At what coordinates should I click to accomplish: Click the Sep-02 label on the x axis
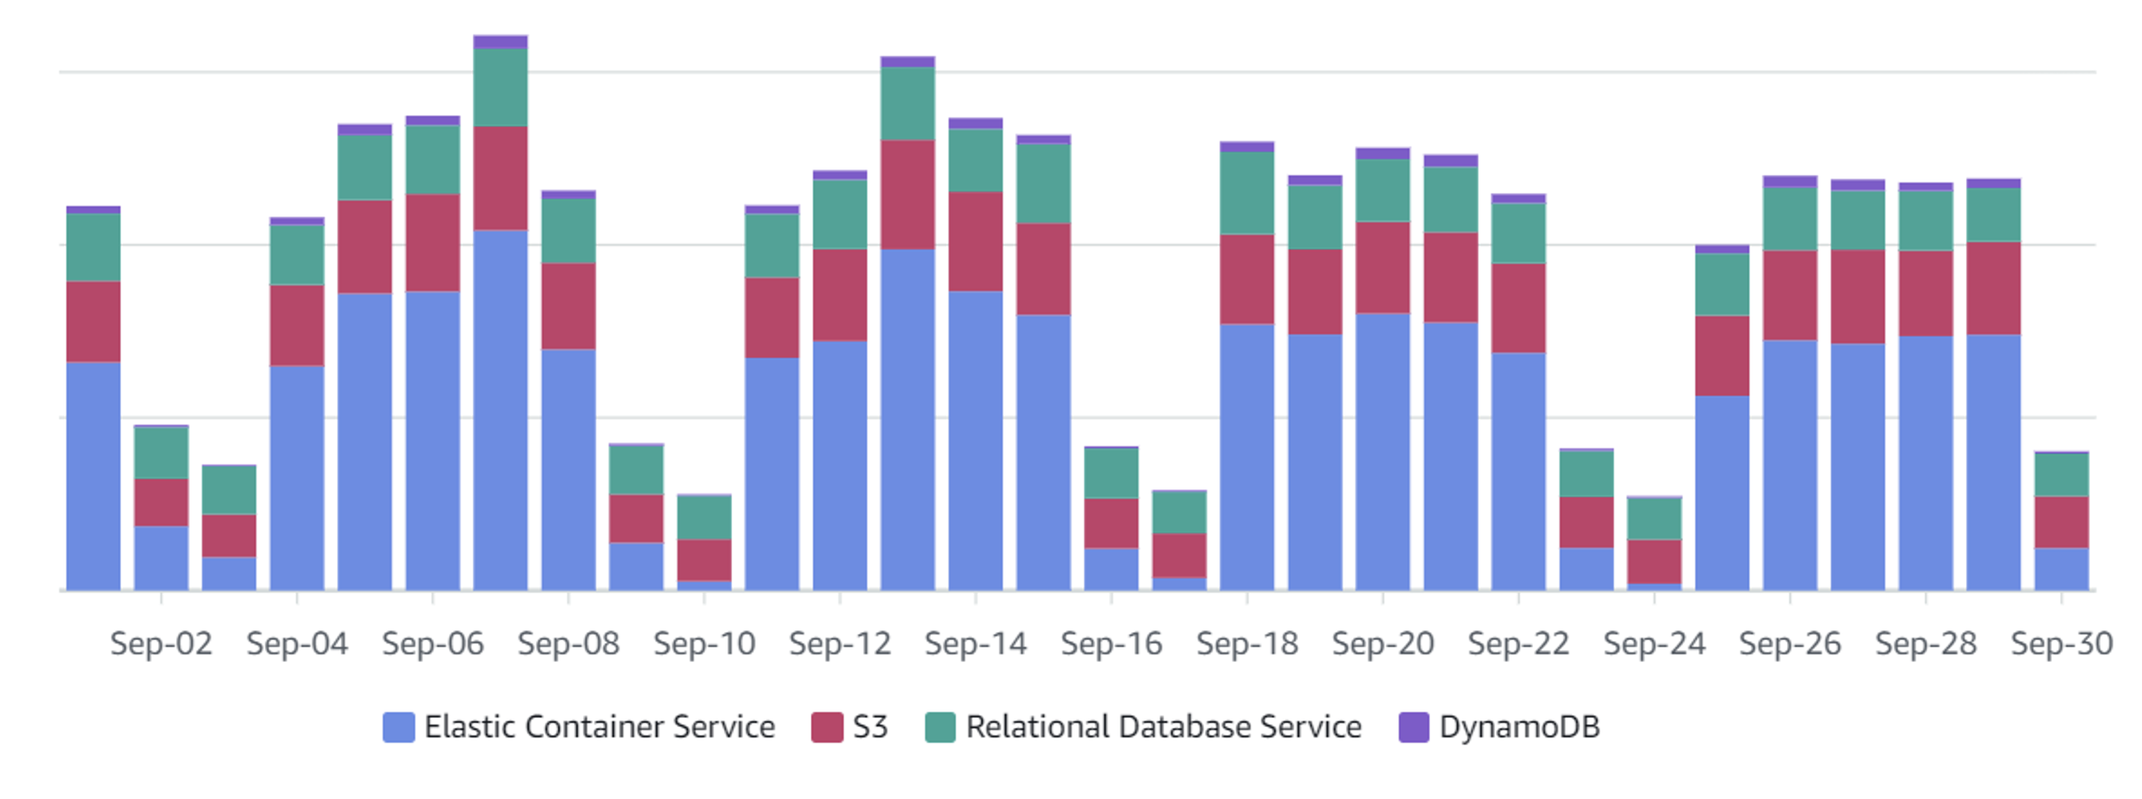[161, 643]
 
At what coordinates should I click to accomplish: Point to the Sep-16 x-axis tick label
[1111, 643]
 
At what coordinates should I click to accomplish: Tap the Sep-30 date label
[2062, 643]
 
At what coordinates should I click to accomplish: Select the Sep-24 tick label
[1654, 643]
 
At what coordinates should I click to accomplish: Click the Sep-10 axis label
[705, 643]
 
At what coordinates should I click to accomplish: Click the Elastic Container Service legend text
[599, 727]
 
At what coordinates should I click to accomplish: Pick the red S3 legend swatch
[826, 728]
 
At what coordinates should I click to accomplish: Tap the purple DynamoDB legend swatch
[1414, 728]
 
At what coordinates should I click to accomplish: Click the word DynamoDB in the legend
[1519, 727]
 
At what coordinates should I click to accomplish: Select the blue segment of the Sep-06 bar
[432, 441]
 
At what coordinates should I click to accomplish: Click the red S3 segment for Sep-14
[975, 241]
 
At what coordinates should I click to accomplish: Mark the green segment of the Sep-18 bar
[1246, 193]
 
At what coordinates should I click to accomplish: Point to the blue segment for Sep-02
[161, 558]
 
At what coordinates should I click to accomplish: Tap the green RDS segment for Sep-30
[2062, 475]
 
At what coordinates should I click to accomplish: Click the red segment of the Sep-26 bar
[1789, 295]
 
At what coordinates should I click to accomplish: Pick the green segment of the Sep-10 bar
[705, 517]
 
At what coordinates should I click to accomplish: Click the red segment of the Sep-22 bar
[1519, 308]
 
